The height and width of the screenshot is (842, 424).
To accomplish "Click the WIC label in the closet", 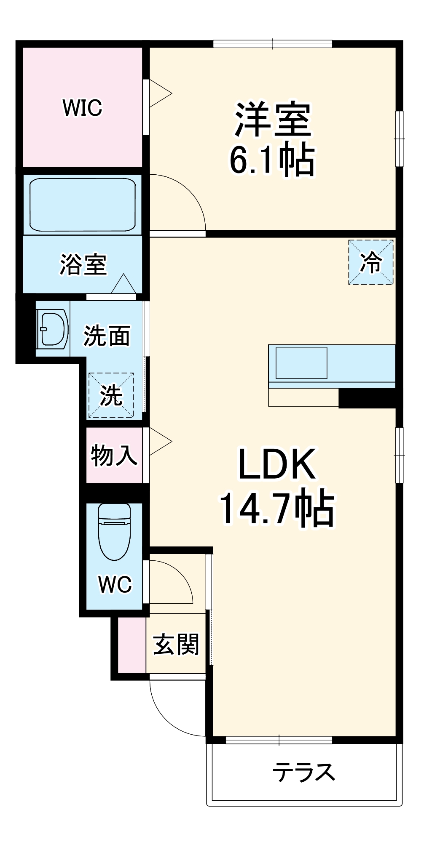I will tap(82, 108).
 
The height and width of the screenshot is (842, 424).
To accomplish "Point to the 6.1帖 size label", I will tap(272, 160).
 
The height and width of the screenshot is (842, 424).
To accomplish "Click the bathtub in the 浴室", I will tap(83, 205).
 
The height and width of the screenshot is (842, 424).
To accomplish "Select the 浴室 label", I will tap(83, 264).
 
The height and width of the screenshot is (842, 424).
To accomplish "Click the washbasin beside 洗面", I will tap(53, 329).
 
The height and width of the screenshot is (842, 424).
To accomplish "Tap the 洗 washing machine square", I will tap(111, 395).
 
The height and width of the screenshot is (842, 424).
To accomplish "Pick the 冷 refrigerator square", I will tap(371, 262).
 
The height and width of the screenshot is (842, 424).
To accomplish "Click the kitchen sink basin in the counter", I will tap(301, 363).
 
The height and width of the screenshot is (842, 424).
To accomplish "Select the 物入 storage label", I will tap(114, 455).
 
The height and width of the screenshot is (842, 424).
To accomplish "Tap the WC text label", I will tap(115, 584).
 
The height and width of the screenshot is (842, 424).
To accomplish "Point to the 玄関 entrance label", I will tap(176, 645).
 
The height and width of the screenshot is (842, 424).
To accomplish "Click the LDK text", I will tap(277, 464).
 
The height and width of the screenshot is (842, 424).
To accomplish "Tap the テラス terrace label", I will tap(303, 773).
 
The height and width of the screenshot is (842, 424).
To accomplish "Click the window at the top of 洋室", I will tap(273, 44).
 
